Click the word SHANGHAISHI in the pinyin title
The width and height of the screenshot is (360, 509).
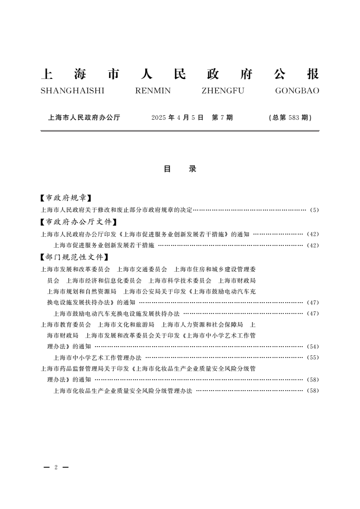[x=72, y=91]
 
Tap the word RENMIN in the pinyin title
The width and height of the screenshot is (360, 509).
[x=153, y=91]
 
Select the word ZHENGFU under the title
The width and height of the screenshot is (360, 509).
[x=222, y=91]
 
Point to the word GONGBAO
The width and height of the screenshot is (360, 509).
[x=297, y=91]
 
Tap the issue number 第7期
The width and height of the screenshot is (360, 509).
[x=222, y=117]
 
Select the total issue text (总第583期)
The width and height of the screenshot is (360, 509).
[x=290, y=117]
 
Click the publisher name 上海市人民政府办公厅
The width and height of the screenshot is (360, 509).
[x=84, y=117]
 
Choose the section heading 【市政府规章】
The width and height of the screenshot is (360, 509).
[x=66, y=198]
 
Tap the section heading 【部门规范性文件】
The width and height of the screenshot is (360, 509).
[x=75, y=257]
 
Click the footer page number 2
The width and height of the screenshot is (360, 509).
[x=55, y=467]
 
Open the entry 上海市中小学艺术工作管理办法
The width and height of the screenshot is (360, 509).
[x=98, y=357]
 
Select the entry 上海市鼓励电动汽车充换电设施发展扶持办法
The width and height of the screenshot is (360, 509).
[x=117, y=313]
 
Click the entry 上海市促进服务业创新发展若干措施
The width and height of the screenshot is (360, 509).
[x=104, y=245]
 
